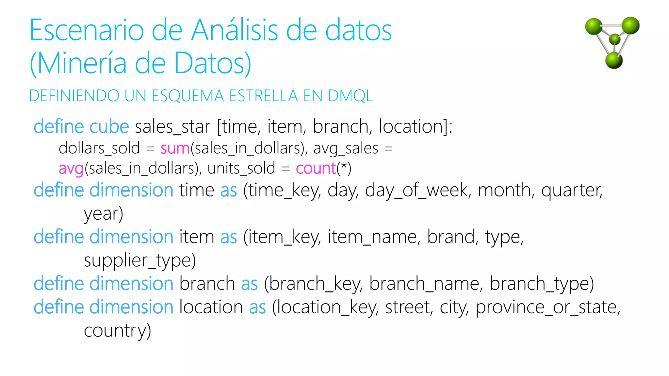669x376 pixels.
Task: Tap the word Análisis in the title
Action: (235, 30)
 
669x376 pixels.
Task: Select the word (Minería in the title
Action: (78, 63)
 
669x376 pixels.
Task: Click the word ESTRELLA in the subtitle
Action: (263, 96)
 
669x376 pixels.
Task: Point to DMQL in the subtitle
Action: (350, 96)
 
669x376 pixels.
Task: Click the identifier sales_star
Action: (172, 127)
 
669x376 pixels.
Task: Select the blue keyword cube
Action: (109, 127)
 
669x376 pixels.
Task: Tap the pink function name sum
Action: (175, 149)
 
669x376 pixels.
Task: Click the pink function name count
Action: (316, 169)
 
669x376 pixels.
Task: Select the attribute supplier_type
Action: (139, 261)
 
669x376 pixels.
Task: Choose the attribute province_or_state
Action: (547, 308)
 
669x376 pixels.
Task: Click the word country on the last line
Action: (117, 331)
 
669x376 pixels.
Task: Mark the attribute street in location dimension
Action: (409, 307)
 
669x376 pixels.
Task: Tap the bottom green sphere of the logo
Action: (614, 60)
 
